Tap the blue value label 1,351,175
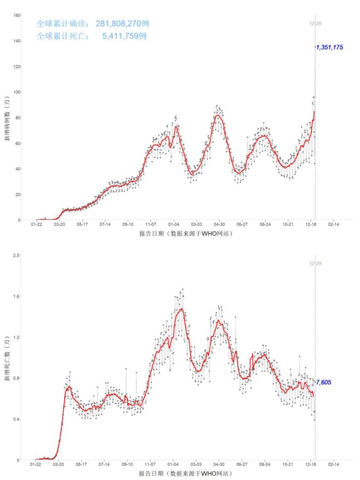[x=329, y=47]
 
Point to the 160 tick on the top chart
[x=16, y=15]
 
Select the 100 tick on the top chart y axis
[x=16, y=92]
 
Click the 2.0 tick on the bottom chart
[x=16, y=256]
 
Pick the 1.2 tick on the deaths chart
[x=16, y=338]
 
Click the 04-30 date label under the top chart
[x=220, y=225]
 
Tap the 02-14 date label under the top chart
[x=333, y=225]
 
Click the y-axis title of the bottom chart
[x=7, y=359]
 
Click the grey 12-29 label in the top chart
[x=315, y=23]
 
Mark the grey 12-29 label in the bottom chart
[x=315, y=264]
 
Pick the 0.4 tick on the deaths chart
[x=16, y=419]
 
